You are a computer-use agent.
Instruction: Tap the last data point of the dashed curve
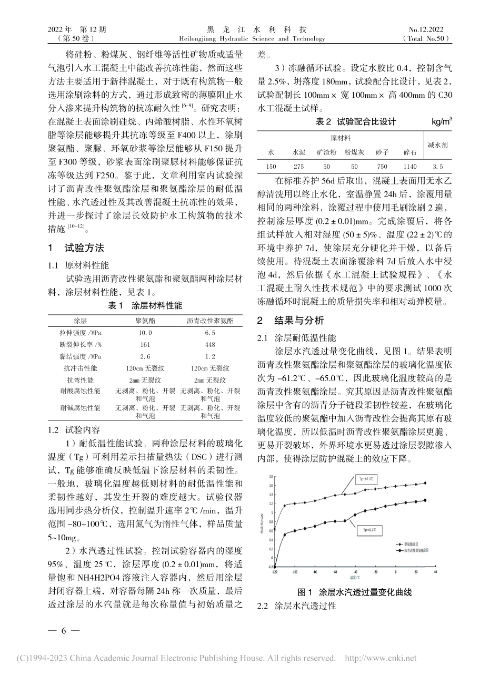tap(425, 482)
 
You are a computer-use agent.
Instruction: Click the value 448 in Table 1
tap(209, 344)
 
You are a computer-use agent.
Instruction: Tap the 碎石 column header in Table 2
tap(410, 152)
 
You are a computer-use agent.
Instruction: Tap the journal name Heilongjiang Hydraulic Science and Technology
tap(250, 39)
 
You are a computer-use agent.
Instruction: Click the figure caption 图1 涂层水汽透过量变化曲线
tap(354, 592)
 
